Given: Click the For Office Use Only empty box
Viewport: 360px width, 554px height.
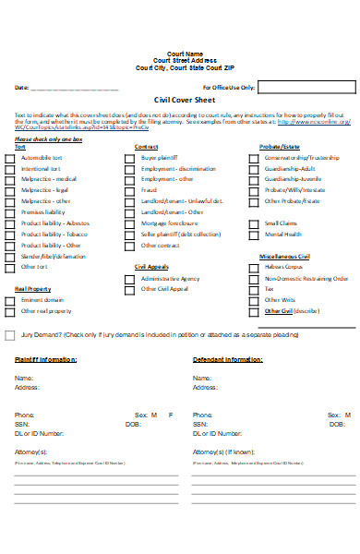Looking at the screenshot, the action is click(x=306, y=88).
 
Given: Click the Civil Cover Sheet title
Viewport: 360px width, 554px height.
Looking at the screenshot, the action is click(x=179, y=102).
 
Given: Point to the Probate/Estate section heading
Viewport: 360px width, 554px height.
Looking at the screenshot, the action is click(x=279, y=147).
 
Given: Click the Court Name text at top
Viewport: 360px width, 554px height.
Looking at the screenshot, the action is click(x=180, y=54).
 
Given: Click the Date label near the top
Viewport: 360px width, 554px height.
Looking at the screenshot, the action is click(x=21, y=88).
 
